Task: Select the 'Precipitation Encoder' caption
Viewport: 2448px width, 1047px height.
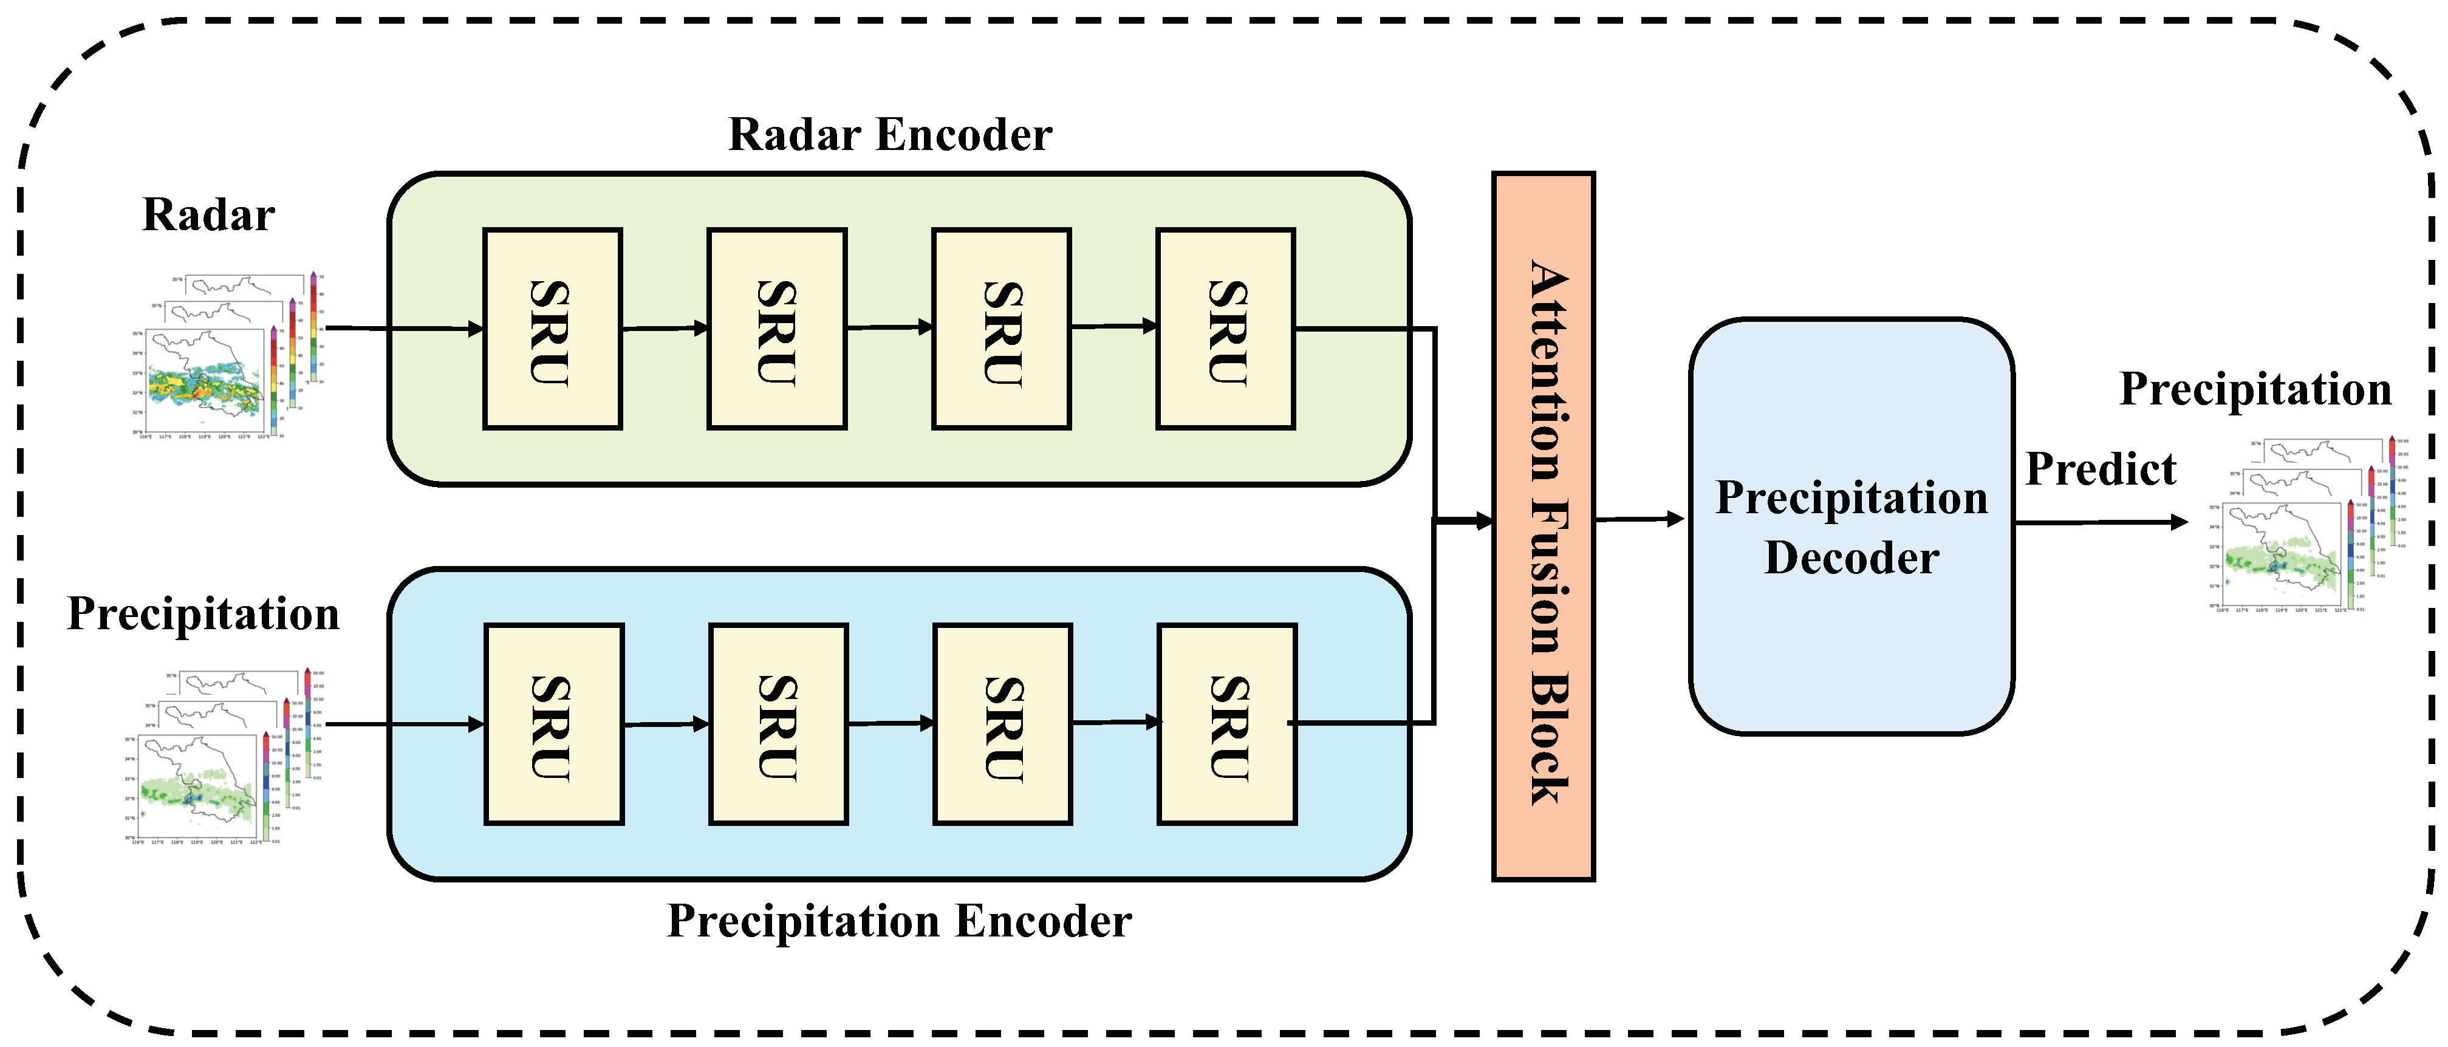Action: (899, 921)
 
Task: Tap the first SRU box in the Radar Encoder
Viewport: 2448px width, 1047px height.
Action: (552, 329)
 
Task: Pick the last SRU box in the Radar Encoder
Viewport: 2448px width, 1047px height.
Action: (1225, 329)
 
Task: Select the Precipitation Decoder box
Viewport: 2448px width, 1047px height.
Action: (1850, 527)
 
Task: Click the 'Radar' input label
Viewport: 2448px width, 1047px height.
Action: (208, 215)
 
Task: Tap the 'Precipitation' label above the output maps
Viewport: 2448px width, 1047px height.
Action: (2254, 389)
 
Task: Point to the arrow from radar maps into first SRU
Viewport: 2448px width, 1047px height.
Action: (404, 329)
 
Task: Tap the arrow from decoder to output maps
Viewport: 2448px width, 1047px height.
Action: (2100, 522)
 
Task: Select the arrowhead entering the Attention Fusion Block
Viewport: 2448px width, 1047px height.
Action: (1483, 520)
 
